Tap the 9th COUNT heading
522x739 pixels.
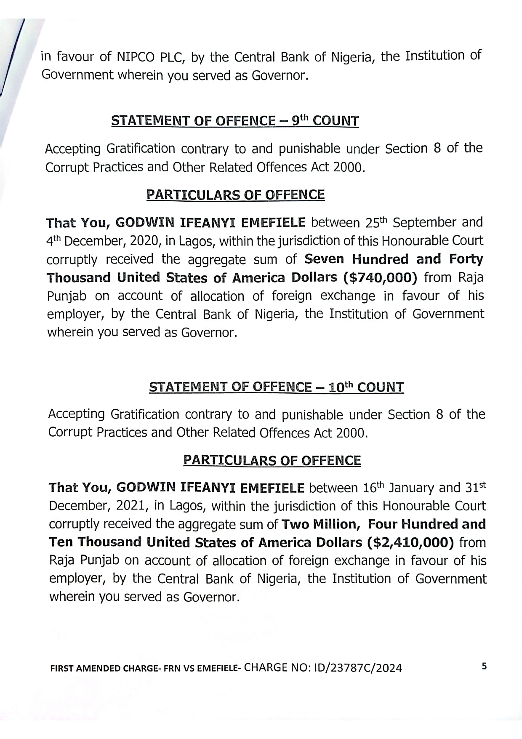tap(235, 121)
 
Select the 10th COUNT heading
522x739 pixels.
tap(277, 387)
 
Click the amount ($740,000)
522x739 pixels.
tap(380, 277)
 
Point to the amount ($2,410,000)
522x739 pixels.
tap(411, 542)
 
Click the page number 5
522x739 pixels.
tap(484, 666)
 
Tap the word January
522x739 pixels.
tap(412, 488)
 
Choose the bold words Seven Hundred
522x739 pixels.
tap(357, 259)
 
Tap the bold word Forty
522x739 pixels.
tap(466, 259)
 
